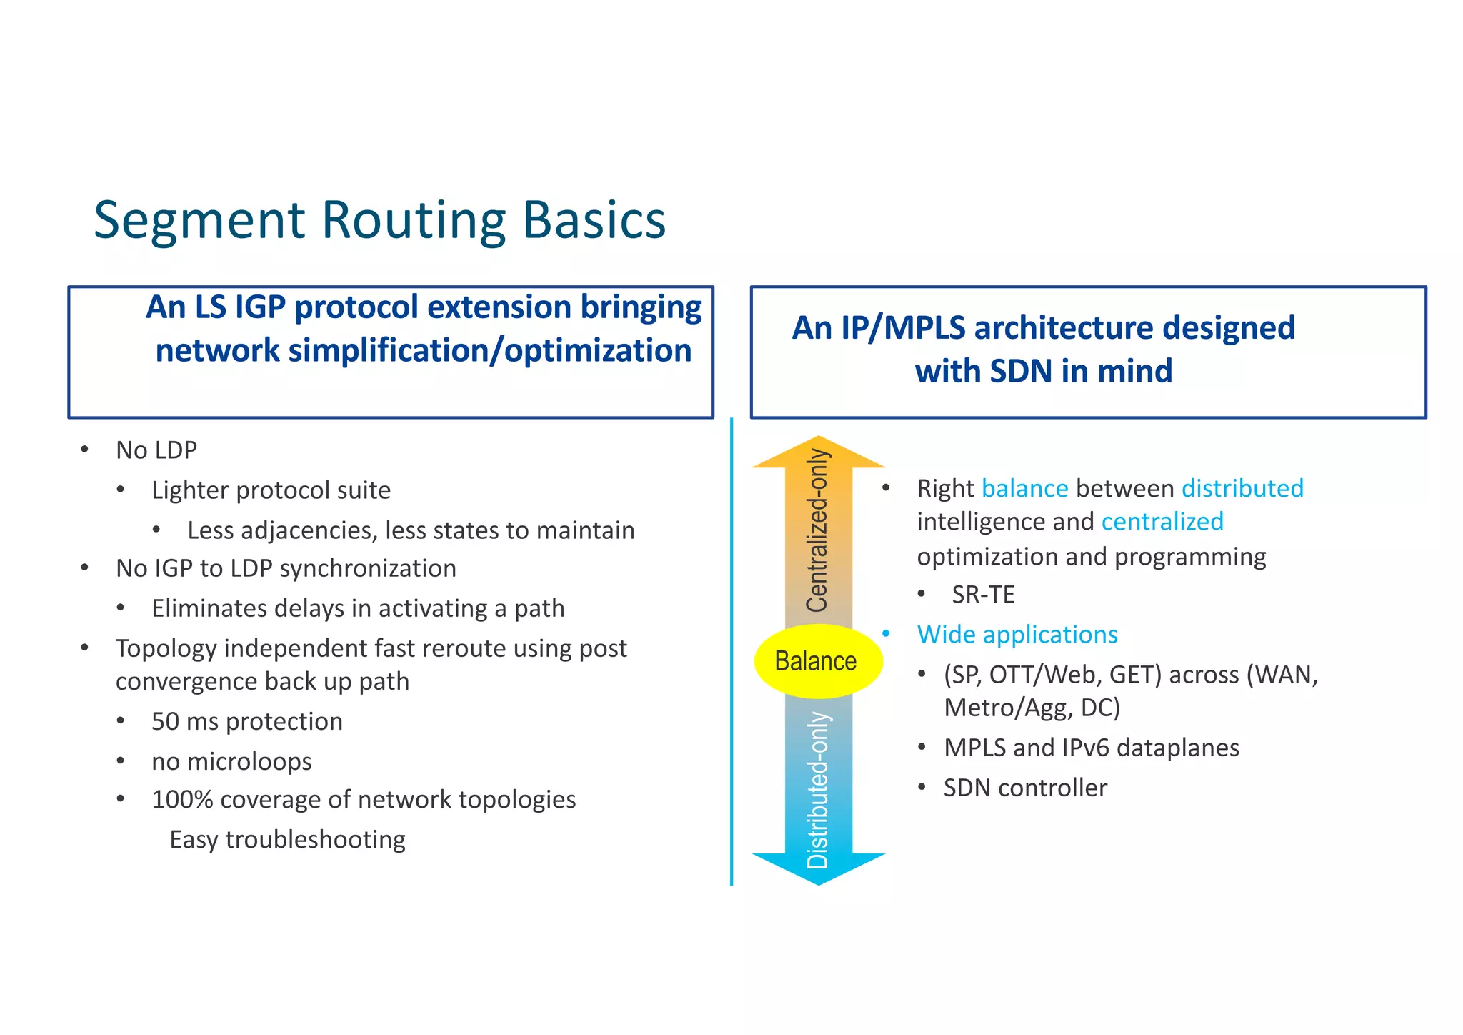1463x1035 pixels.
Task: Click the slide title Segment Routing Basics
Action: click(379, 220)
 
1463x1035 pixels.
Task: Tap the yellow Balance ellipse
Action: click(817, 661)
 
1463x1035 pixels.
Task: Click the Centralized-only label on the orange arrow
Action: click(817, 530)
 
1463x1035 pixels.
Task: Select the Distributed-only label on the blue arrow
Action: click(817, 790)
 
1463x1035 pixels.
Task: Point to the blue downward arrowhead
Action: click(818, 868)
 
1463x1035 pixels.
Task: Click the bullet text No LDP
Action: click(156, 450)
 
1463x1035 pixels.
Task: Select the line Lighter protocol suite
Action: click(271, 490)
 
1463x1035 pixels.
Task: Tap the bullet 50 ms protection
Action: click(246, 721)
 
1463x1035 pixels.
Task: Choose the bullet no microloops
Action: click(231, 761)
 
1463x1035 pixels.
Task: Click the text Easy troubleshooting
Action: click(287, 839)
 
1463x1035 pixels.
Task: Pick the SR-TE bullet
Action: click(983, 595)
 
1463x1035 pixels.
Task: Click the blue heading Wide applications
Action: click(1017, 635)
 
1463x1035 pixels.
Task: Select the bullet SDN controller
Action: click(1025, 788)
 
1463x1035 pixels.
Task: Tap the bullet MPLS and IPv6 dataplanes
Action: click(1091, 748)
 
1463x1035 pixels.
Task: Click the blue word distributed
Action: click(1242, 488)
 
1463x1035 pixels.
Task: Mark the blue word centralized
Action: click(1162, 522)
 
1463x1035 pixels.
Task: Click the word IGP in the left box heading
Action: click(261, 307)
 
